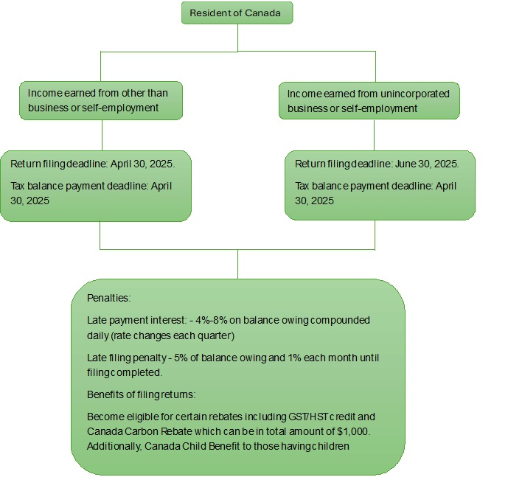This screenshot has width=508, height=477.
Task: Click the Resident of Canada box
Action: (237, 13)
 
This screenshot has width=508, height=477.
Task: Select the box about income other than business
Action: (100, 101)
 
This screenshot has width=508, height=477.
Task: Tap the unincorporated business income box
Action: (369, 101)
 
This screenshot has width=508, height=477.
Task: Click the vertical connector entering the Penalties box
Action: (237, 264)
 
